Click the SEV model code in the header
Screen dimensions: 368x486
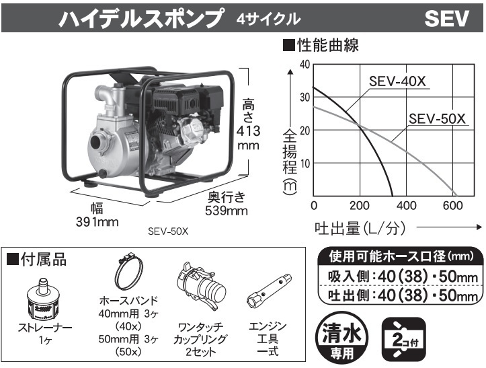point(446,18)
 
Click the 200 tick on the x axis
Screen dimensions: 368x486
point(360,205)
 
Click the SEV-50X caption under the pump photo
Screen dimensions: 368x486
point(167,230)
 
